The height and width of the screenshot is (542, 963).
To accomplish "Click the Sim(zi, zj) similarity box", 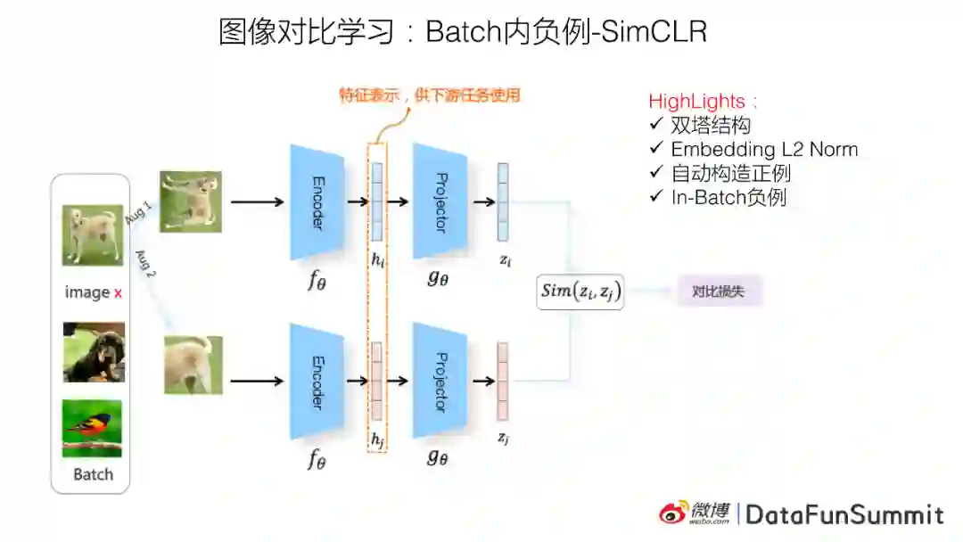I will [580, 292].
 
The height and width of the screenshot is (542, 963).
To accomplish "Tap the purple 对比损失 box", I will [719, 291].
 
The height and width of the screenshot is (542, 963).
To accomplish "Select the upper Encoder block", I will [317, 202].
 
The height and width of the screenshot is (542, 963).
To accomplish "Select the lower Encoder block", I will [317, 381].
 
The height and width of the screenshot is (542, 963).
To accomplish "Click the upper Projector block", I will [440, 202].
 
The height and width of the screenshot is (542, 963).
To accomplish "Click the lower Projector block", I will [440, 381].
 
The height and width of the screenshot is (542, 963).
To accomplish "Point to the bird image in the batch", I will [92, 428].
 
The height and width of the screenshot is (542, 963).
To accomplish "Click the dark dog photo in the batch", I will [94, 352].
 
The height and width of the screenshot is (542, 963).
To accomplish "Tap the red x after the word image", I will [118, 292].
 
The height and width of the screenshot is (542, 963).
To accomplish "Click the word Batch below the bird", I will [93, 474].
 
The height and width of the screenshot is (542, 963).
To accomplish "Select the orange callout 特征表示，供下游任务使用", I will [429, 95].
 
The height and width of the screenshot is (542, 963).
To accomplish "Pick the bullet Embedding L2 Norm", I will [764, 149].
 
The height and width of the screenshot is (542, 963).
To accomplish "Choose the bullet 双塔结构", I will [711, 126].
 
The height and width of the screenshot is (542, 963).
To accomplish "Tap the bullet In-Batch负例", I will [728, 197].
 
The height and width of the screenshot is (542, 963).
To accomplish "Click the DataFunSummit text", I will [844, 514].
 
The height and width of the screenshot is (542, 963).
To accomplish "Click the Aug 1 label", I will [138, 214].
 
